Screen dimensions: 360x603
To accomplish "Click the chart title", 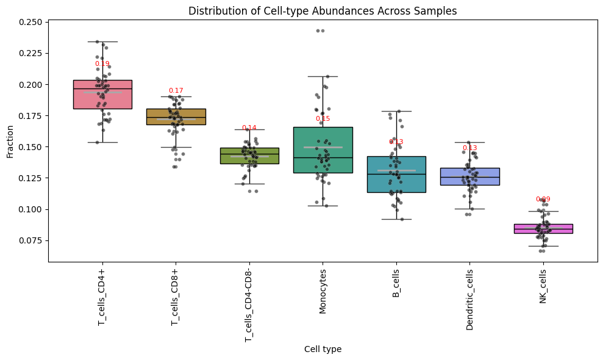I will click(x=323, y=11).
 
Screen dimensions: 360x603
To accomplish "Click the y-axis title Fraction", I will click(x=10, y=142).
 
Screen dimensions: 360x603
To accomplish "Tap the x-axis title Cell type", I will click(x=323, y=349).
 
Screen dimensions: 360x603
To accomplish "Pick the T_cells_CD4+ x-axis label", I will click(x=102, y=297).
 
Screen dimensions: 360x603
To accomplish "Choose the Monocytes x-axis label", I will click(x=323, y=291).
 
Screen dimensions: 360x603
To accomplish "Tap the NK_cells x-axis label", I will click(x=543, y=286).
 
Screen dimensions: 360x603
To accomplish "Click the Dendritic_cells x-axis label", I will click(x=470, y=300).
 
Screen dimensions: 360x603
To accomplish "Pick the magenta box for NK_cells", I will click(x=543, y=229).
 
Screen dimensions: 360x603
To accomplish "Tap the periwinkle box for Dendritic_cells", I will click(x=470, y=176).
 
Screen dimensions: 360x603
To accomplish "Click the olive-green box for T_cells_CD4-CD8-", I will click(x=249, y=156).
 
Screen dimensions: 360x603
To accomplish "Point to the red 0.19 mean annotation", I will click(x=102, y=63).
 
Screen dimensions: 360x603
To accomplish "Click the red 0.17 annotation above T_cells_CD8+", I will click(x=176, y=90).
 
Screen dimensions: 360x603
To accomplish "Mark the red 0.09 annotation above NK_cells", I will click(x=543, y=199).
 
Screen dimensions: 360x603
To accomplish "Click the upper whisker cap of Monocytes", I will click(x=323, y=76).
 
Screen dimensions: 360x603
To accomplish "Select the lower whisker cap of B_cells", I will click(x=396, y=219).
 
